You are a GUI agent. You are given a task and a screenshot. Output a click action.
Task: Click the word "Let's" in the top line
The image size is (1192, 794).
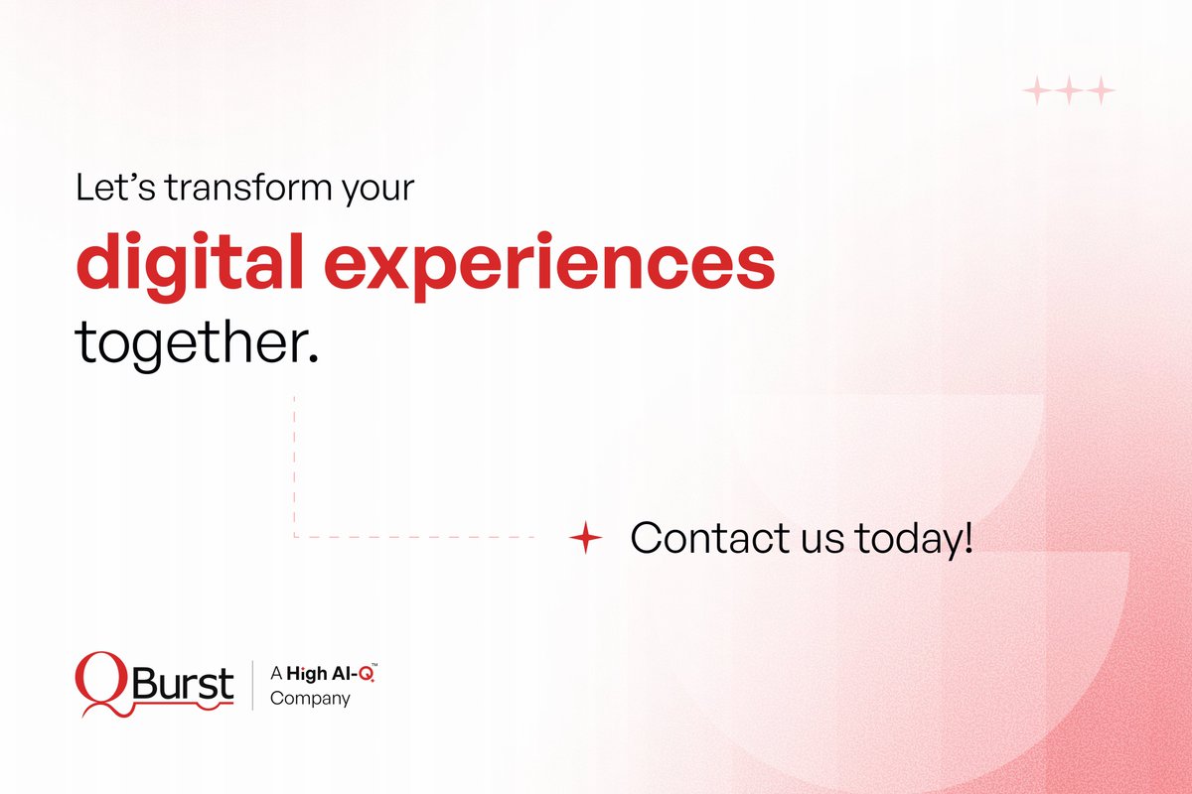click(x=104, y=189)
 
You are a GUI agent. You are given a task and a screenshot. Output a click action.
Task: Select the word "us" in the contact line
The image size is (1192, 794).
click(x=819, y=541)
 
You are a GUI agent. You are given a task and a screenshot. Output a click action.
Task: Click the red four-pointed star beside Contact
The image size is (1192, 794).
click(x=586, y=539)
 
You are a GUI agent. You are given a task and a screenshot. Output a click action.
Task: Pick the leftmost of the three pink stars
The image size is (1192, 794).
click(x=1036, y=92)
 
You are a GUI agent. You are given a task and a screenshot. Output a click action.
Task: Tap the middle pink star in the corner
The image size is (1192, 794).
click(x=1068, y=92)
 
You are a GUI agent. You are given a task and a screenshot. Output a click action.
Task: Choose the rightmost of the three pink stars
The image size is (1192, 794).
click(x=1100, y=92)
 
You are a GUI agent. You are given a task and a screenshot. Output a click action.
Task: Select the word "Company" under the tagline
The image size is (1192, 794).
click(x=311, y=699)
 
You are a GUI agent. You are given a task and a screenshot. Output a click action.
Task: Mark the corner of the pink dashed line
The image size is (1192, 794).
click(x=294, y=537)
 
